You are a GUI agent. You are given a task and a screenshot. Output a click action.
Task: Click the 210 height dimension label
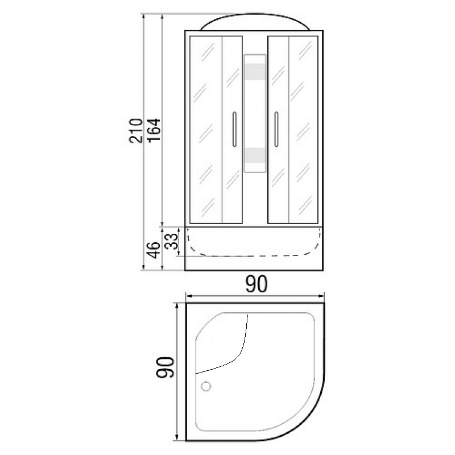click(136, 130)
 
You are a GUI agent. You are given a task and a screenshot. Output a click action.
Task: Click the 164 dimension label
click(154, 130)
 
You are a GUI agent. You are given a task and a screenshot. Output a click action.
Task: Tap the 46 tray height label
click(154, 250)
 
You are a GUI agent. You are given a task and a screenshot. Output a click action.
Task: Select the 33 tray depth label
click(171, 241)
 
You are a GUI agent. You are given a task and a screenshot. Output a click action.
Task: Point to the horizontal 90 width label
click(257, 284)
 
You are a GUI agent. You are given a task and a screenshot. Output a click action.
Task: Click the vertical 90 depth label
click(165, 367)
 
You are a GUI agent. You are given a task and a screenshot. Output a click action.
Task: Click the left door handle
click(234, 129)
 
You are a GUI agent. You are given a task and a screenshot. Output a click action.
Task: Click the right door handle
click(276, 129)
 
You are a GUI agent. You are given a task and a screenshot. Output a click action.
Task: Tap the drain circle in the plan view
click(206, 386)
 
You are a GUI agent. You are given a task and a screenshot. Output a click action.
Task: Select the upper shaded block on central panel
click(255, 72)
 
